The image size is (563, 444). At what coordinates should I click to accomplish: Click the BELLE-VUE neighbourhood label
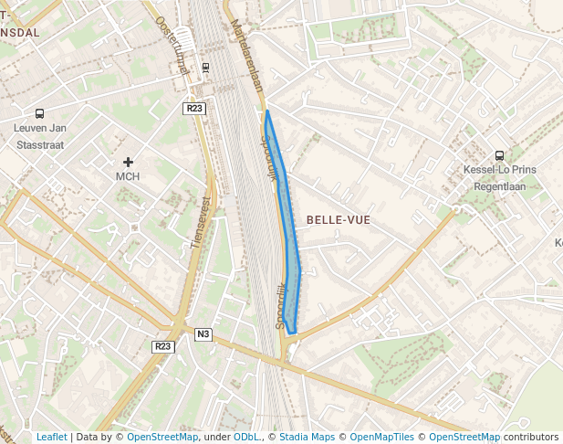tap(339, 220)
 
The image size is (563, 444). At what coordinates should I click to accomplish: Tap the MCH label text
tap(128, 176)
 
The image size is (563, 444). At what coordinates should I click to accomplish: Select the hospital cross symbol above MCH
tap(128, 162)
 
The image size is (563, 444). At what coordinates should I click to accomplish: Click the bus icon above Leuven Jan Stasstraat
tap(39, 114)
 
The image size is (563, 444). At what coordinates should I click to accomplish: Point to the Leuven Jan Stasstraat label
tap(44, 136)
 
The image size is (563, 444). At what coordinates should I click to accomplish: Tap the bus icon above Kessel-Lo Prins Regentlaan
tap(498, 155)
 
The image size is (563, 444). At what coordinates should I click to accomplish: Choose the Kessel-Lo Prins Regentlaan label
tap(499, 177)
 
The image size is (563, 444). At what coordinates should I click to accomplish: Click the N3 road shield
tap(203, 334)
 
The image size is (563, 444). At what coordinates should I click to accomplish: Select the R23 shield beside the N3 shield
tap(162, 347)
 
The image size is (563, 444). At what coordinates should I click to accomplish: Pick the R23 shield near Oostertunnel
tap(193, 109)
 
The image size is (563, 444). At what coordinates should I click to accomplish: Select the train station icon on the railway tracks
tap(205, 67)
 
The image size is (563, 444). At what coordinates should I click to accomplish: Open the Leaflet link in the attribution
tap(51, 438)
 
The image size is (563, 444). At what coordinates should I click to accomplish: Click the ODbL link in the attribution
tap(245, 438)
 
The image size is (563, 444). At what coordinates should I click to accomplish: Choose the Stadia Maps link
tap(306, 438)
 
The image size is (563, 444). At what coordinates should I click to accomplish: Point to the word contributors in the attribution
tap(530, 438)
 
